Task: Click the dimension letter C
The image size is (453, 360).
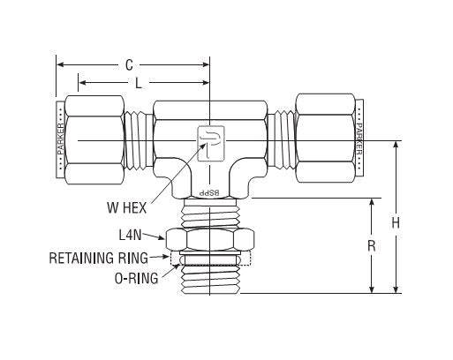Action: point(129,64)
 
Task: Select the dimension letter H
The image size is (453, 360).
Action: point(396,223)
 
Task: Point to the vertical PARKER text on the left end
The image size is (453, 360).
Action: point(60,140)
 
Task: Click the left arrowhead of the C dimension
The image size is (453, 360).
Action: point(60,64)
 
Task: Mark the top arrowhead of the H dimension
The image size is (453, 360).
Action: point(396,145)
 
